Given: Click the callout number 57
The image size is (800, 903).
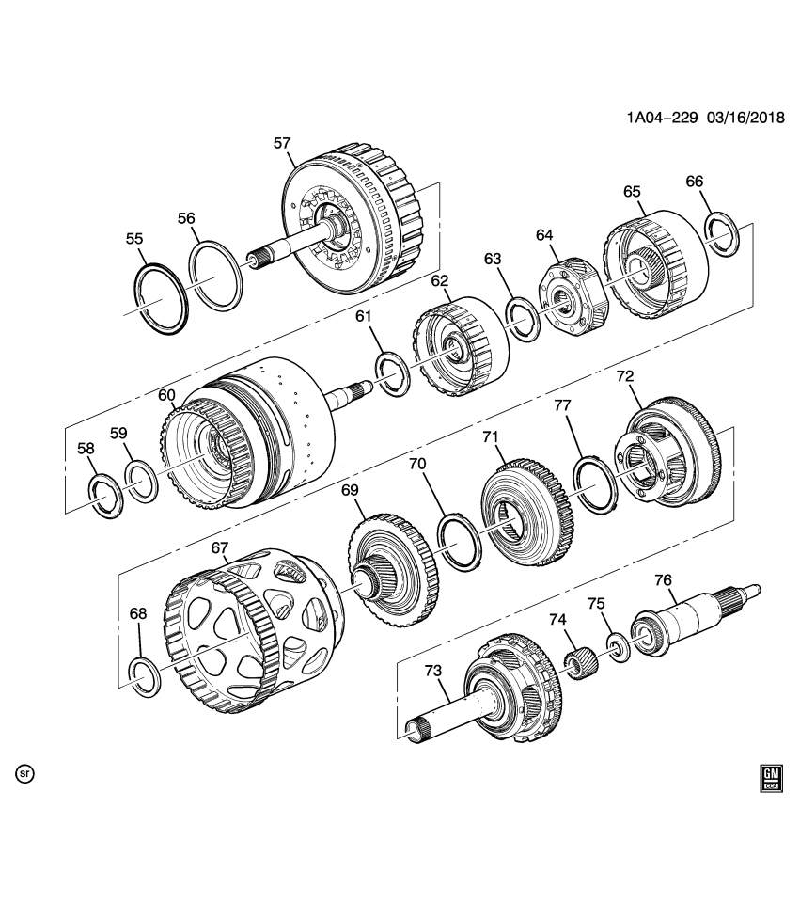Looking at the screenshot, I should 281,143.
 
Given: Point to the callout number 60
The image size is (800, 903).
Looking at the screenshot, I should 167,395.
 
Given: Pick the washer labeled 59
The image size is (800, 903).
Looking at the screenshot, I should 142,483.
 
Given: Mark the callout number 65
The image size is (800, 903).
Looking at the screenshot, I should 631,191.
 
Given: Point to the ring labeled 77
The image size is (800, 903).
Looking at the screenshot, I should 592,484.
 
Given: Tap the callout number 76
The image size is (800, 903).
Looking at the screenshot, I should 663,581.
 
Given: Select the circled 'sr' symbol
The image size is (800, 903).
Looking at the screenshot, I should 25,774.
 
